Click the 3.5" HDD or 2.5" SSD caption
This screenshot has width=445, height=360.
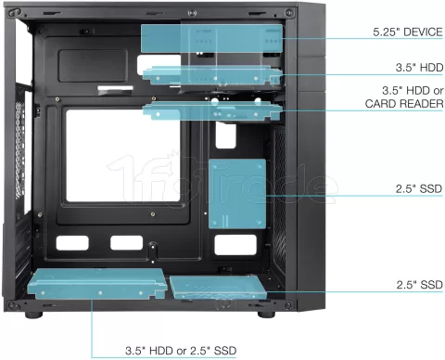pyautogui.click(x=180, y=352)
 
